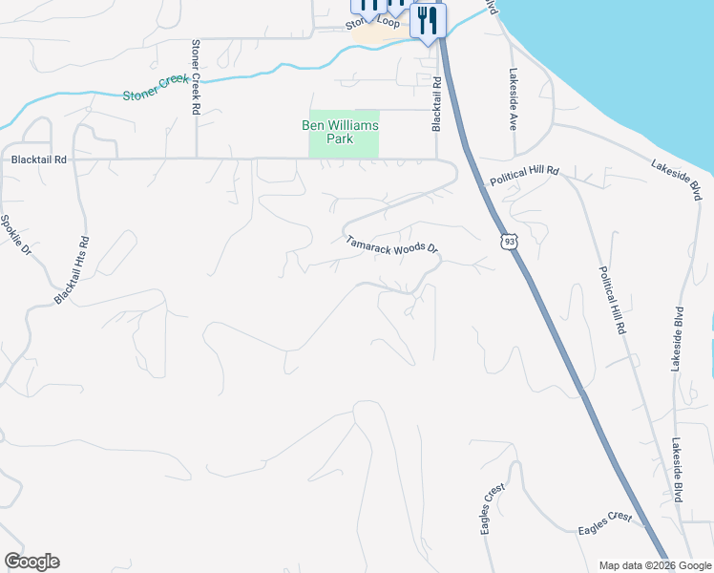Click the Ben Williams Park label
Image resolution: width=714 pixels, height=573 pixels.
point(341,132)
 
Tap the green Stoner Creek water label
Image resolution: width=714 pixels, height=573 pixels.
point(157,92)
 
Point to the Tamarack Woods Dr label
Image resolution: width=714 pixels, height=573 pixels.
point(391,245)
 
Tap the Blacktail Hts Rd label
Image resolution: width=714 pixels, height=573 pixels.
point(73,270)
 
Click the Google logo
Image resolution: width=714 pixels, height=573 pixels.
point(31,561)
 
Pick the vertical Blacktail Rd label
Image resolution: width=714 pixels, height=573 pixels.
point(436,105)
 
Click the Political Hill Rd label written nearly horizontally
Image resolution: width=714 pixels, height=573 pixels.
point(524,175)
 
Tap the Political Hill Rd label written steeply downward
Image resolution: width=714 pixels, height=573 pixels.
point(612,299)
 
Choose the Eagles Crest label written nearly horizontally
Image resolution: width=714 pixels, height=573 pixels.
point(605,523)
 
